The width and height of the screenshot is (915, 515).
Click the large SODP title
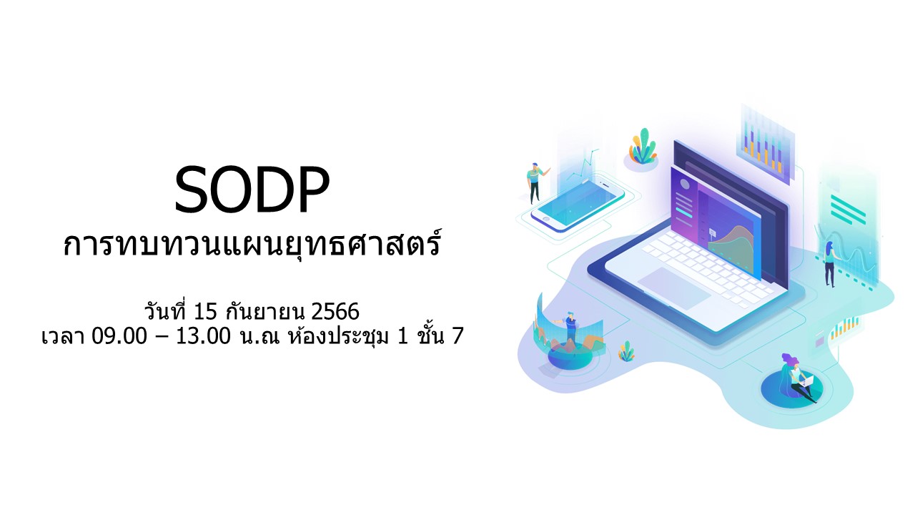[x=252, y=190]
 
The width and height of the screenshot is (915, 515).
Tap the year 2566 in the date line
[x=335, y=311]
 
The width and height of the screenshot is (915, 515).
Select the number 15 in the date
[x=205, y=311]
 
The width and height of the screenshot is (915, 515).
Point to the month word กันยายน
[x=265, y=311]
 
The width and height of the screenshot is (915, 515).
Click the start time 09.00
[x=119, y=336]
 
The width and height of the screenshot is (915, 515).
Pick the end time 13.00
[x=204, y=336]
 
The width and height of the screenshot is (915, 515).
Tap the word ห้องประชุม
[x=338, y=336]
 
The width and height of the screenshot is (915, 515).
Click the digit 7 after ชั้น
[x=457, y=336]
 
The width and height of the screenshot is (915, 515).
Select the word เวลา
[x=63, y=337]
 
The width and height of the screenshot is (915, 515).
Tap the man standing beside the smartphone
[x=536, y=183]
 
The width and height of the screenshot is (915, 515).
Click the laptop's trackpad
[x=674, y=288]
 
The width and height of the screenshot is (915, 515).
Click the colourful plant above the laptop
[x=643, y=147]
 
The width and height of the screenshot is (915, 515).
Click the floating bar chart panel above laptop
[x=766, y=143]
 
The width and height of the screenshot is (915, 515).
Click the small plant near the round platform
[x=626, y=351]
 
